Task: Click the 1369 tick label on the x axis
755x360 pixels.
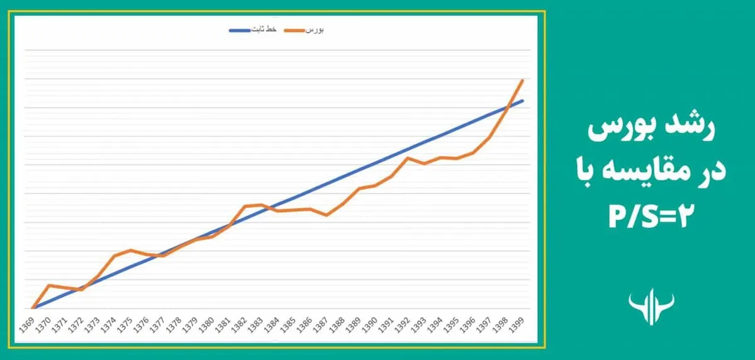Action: point(27,325)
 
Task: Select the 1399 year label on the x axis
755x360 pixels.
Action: point(517,325)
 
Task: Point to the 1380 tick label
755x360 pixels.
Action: point(206,325)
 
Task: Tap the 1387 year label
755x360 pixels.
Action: point(321,325)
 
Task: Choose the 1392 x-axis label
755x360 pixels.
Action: point(403,325)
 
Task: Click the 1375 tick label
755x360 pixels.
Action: point(125,325)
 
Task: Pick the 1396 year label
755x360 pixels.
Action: point(468,325)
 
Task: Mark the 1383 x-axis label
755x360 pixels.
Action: point(256,325)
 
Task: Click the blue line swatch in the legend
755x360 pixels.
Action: point(240,31)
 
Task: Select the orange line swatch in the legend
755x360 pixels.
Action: point(294,31)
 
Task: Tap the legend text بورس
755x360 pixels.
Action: point(315,30)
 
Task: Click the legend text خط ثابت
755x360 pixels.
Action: point(264,30)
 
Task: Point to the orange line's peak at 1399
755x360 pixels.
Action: point(522,80)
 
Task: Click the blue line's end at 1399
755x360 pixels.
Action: point(523,101)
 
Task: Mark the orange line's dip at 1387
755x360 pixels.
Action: point(327,215)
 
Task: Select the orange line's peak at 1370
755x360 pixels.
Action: point(49,285)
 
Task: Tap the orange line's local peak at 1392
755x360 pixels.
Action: point(408,158)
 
